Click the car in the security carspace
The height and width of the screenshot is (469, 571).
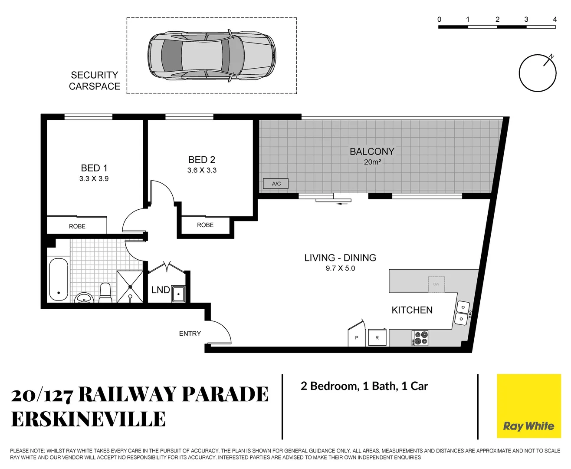pyautogui.click(x=212, y=55)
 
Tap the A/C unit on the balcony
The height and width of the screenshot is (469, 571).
pyautogui.click(x=276, y=184)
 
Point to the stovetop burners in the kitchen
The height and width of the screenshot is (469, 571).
pyautogui.click(x=420, y=338)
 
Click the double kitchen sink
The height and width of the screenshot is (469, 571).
pyautogui.click(x=462, y=313)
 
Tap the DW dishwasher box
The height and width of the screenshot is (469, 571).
pyautogui.click(x=436, y=284)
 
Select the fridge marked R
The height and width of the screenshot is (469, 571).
pyautogui.click(x=377, y=337)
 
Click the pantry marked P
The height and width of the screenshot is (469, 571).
pyautogui.click(x=357, y=337)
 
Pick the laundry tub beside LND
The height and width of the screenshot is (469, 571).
pyautogui.click(x=178, y=294)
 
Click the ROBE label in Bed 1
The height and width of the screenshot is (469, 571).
pyautogui.click(x=77, y=226)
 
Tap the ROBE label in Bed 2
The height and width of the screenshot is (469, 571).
pyautogui.click(x=205, y=225)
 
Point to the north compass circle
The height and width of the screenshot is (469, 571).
pyautogui.click(x=538, y=73)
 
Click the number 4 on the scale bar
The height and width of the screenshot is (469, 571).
pyautogui.click(x=555, y=19)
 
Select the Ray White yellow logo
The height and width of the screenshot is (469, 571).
pyautogui.click(x=528, y=406)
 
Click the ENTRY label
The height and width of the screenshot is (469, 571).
pyautogui.click(x=190, y=334)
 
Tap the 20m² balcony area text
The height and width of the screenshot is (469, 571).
pyautogui.click(x=372, y=162)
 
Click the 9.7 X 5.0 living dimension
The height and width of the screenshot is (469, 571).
pyautogui.click(x=340, y=268)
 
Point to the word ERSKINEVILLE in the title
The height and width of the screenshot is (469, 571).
pyautogui.click(x=89, y=419)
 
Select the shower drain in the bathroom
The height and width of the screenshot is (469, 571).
pyautogui.click(x=130, y=287)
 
